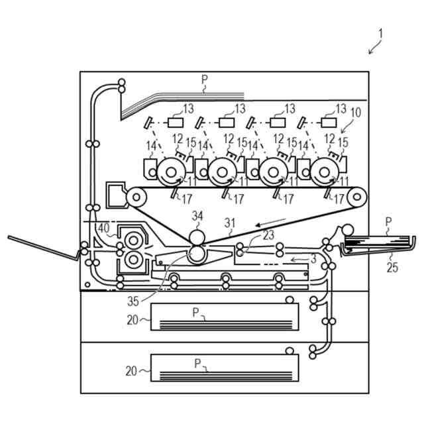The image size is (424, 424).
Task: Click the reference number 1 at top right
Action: pyautogui.click(x=381, y=33)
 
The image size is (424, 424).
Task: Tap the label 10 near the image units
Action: pyautogui.click(x=356, y=113)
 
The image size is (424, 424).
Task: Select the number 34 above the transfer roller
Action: pyautogui.click(x=197, y=216)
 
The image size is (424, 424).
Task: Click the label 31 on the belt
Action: pyautogui.click(x=229, y=224)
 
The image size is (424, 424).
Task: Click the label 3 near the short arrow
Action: pyautogui.click(x=313, y=258)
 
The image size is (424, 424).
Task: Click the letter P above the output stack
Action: pyautogui.click(x=205, y=79)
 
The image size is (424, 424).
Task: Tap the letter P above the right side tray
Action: pyautogui.click(x=388, y=222)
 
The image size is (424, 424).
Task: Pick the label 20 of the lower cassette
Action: pyautogui.click(x=132, y=372)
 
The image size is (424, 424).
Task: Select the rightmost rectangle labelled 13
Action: pyautogui.click(x=327, y=123)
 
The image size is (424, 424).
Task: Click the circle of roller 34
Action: pyautogui.click(x=197, y=237)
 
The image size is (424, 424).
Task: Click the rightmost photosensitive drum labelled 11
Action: pyautogui.click(x=323, y=172)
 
